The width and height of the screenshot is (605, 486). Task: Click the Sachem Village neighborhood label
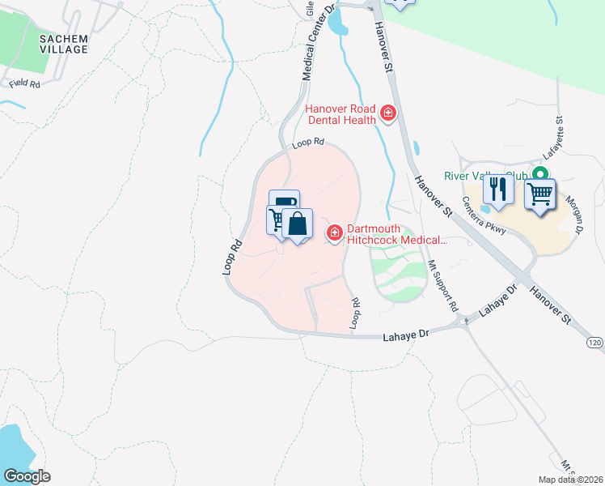[63, 44]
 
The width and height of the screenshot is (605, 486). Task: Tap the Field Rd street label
[24, 83]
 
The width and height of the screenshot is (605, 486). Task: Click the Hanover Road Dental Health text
[341, 114]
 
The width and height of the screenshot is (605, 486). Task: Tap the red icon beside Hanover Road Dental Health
[387, 113]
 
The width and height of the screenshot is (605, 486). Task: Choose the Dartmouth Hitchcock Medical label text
[396, 234]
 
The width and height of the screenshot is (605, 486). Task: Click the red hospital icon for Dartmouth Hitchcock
[333, 233]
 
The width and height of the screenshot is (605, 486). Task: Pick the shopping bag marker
[298, 224]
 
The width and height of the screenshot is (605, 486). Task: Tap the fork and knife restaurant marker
[498, 191]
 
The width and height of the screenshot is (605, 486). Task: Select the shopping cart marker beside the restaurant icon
[539, 193]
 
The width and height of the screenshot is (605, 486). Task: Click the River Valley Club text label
[485, 176]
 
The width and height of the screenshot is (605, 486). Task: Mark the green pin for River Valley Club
[539, 174]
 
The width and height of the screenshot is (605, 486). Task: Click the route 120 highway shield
[594, 343]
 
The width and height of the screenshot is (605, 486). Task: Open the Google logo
[27, 476]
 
